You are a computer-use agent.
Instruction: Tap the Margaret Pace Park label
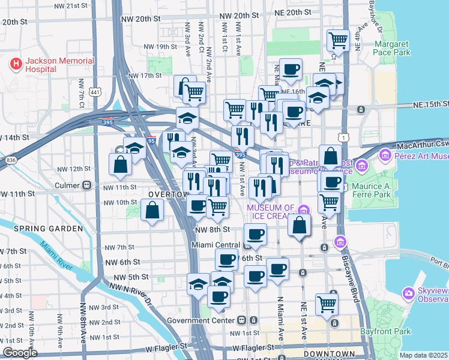coord(392,48)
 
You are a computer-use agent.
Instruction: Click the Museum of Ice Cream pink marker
coord(304,209)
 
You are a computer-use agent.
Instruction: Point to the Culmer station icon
coord(87,185)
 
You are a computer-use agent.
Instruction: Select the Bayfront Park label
coord(385,331)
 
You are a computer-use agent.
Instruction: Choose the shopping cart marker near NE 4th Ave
coord(339,41)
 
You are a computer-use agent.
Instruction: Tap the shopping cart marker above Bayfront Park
coord(327,304)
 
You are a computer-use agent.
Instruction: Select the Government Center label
coord(206,320)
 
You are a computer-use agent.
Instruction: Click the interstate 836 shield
coord(11,160)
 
